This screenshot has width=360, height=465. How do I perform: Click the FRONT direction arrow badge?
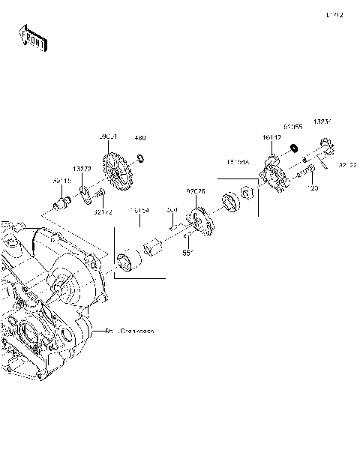[x=32, y=38]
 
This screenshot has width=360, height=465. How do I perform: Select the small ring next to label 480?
[x=139, y=158]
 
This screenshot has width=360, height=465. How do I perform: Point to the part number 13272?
[x=82, y=169]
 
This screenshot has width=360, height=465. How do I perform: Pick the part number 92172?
[x=103, y=214]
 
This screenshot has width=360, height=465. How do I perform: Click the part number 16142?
[x=271, y=138]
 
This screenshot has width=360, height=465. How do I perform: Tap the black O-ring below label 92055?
[x=295, y=148]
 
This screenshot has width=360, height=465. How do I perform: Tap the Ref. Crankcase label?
[x=130, y=331]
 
